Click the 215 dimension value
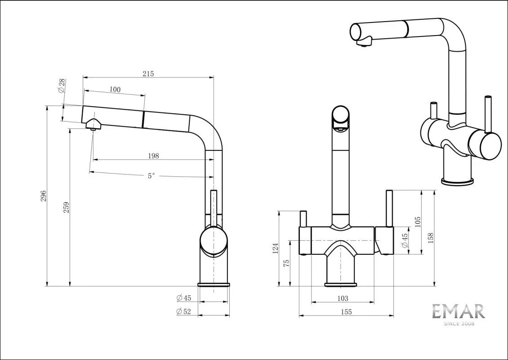pyautogui.click(x=148, y=74)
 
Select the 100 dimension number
pyautogui.click(x=115, y=90)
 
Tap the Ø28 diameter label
pyautogui.click(x=62, y=85)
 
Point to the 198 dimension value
pyautogui.click(x=153, y=156)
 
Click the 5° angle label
pyautogui.click(x=152, y=175)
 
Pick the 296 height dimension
pyautogui.click(x=44, y=196)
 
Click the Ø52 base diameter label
pyautogui.click(x=184, y=311)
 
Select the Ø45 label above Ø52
pyautogui.click(x=184, y=298)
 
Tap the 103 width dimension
pyautogui.click(x=343, y=298)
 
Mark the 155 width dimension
pyautogui.click(x=346, y=311)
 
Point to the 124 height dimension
pyautogui.click(x=276, y=248)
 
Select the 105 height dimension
pyautogui.click(x=417, y=221)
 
